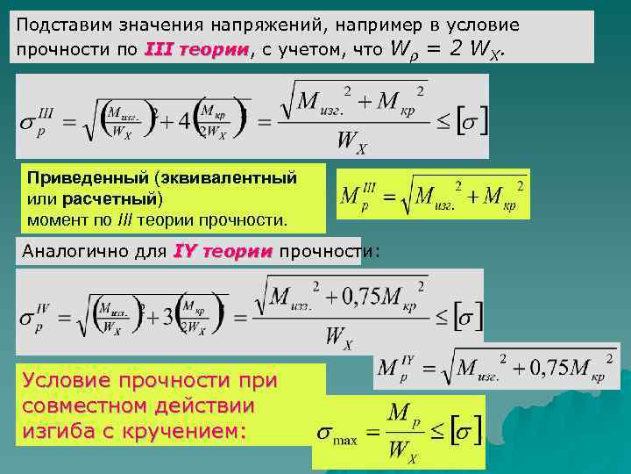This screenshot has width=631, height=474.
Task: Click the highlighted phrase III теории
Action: click(196, 50)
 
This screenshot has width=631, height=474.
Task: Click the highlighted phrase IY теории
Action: click(224, 251)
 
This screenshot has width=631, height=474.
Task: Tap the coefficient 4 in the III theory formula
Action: click(185, 120)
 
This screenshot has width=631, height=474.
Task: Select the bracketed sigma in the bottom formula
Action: click(457, 432)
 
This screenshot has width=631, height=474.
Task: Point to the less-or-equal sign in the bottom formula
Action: click(434, 433)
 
